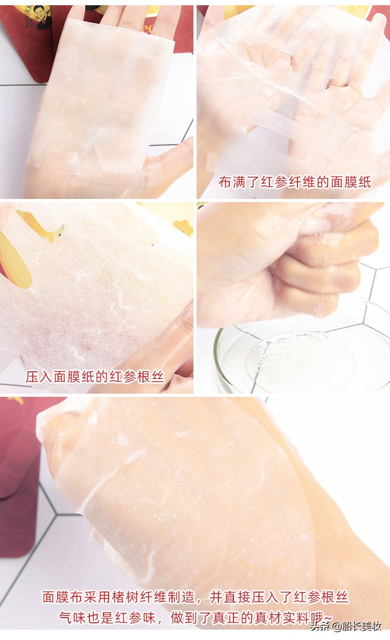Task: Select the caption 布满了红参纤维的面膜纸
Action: tap(295, 182)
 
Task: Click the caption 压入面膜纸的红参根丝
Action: tap(95, 377)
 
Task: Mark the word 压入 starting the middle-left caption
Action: tap(39, 377)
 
